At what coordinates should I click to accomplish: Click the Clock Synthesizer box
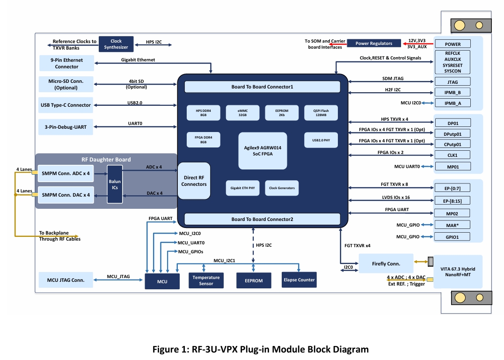116,44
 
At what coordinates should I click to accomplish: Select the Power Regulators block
374,44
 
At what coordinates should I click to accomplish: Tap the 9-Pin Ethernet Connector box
67,63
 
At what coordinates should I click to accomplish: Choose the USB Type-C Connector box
66,105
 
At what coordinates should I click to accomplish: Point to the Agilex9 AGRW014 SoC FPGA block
263,151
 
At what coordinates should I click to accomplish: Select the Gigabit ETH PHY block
243,188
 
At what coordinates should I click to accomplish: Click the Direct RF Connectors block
194,181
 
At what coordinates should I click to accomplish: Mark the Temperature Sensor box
206,280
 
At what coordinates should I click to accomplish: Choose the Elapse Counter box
299,280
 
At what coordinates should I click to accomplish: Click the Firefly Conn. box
386,264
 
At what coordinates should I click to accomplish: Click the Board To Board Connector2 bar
262,219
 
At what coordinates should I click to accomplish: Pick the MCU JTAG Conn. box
66,280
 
